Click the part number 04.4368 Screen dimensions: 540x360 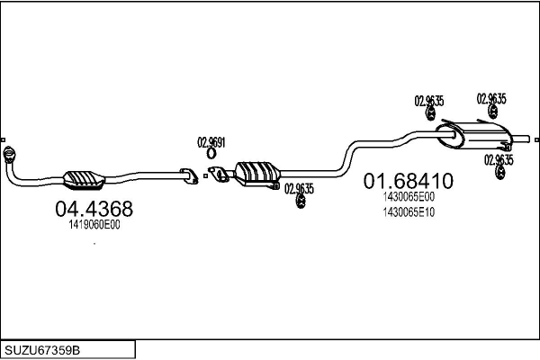coord(94,209)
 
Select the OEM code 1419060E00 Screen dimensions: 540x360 coord(94,225)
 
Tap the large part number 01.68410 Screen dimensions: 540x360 coord(409,181)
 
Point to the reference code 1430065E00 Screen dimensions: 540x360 coord(409,197)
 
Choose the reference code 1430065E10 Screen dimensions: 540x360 coord(409,212)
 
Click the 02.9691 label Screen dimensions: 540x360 coord(211,142)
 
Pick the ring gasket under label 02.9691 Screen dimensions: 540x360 coord(211,154)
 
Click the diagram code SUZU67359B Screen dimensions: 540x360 coord(42,350)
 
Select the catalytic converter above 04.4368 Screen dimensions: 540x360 coord(84,179)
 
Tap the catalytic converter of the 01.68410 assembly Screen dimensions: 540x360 coord(257,175)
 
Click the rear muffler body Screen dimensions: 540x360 coord(473,135)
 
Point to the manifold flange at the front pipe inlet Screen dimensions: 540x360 coord(9,154)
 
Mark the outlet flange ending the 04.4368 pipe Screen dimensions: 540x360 coord(189,176)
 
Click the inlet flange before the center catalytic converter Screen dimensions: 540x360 coord(219,174)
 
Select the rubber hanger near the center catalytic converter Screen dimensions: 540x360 coord(301,202)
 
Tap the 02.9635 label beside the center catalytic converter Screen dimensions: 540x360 coord(299,189)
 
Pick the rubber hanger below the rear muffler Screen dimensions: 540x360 coord(499,173)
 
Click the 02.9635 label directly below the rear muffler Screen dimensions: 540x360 coord(499,160)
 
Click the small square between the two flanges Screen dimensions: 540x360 coord(205,176)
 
